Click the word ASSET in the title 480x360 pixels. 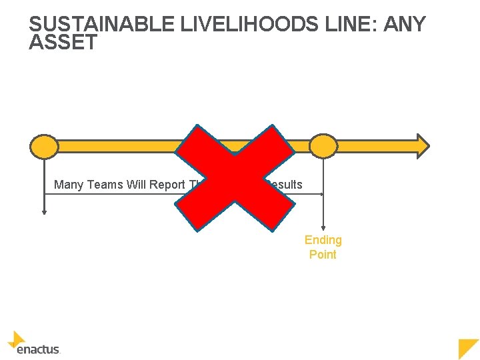click(x=63, y=43)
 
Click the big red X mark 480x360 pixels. click(x=235, y=179)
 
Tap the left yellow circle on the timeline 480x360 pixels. click(x=45, y=146)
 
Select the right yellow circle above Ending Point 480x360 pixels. click(x=324, y=146)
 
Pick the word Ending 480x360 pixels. click(x=323, y=240)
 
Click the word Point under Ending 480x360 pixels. click(x=323, y=255)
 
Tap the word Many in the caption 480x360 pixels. click(x=67, y=185)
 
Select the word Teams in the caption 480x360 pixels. click(x=102, y=185)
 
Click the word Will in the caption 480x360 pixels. click(x=133, y=185)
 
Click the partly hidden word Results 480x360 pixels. click(x=285, y=185)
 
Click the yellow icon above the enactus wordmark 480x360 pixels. click(x=17, y=339)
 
